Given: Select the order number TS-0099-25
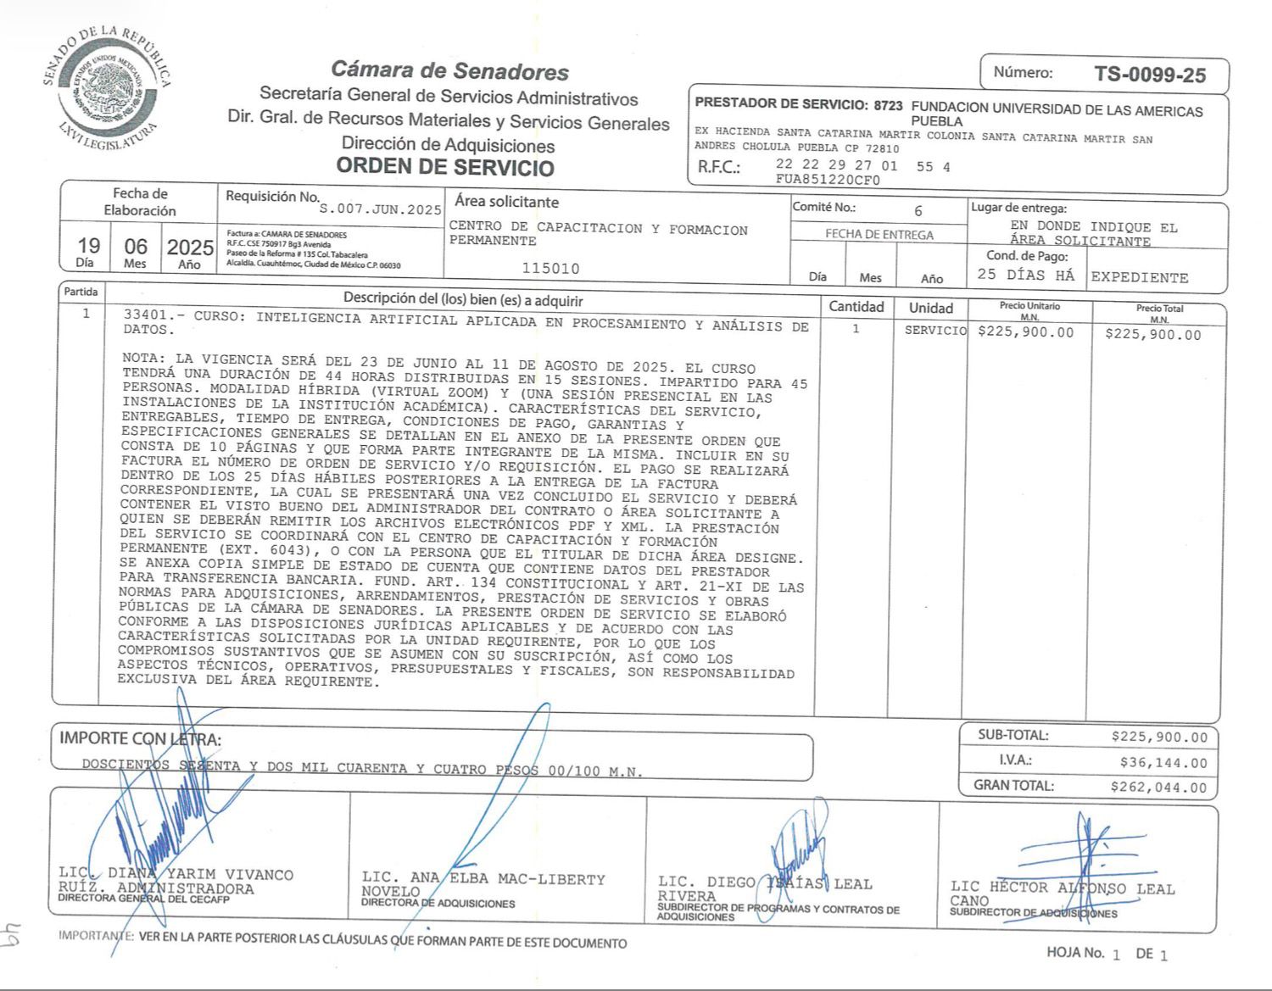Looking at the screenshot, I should click(1149, 75).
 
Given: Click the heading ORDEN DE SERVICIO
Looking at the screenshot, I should click(445, 166).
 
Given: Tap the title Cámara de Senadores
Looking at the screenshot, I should click(449, 70).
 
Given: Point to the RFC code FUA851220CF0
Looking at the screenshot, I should click(828, 180).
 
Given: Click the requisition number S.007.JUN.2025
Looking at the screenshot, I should click(381, 209).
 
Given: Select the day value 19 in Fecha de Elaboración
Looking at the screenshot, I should click(88, 246).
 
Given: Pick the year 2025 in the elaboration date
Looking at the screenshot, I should click(190, 248).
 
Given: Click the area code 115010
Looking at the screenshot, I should click(550, 269).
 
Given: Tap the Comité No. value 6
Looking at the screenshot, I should click(918, 210).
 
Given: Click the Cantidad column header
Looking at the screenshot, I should click(856, 307).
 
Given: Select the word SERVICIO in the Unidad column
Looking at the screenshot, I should click(935, 331).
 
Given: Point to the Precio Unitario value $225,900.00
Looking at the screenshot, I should click(1025, 332).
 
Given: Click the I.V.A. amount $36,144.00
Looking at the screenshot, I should click(1163, 763).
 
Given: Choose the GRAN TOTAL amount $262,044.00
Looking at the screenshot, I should click(1158, 788).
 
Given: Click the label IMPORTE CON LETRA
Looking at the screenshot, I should click(140, 739).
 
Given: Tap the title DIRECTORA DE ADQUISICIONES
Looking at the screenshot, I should click(438, 904).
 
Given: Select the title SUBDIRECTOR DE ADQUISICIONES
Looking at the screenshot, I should click(1033, 913).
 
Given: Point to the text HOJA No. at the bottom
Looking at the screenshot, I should click(1074, 953).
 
